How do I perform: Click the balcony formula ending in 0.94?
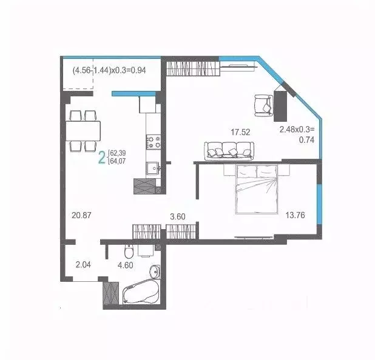tap(109, 70)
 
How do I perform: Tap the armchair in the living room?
tap(264, 104)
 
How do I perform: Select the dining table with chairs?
tap(83, 130)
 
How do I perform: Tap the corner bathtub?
tap(141, 293)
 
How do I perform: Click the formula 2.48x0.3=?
tap(299, 129)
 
